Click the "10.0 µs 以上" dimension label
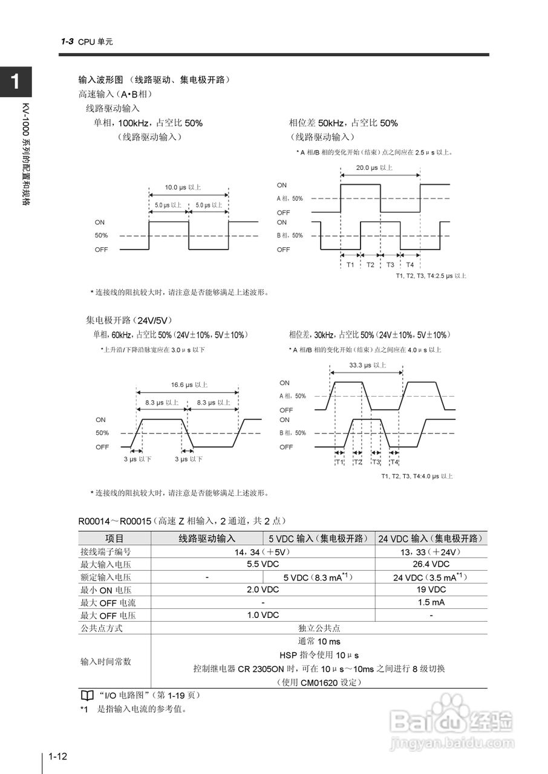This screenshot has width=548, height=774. tap(183, 187)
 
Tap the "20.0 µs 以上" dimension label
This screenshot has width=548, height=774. tap(374, 167)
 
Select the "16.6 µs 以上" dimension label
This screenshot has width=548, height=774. tap(189, 385)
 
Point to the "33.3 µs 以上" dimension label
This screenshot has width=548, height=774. tap(368, 365)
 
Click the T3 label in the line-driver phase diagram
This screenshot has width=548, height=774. tap(390, 265)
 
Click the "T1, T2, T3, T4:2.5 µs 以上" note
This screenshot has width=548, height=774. tap(431, 276)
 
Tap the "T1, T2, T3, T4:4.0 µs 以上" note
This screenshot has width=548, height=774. tap(417, 476)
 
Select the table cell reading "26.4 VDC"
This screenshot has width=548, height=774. tap(431, 564)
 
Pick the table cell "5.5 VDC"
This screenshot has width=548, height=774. tap(263, 564)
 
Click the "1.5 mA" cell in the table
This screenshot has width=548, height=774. tap(431, 602)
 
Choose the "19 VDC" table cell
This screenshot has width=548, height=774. tap(431, 590)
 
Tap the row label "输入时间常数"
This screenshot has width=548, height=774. tap(106, 662)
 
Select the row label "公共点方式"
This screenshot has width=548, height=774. tap(102, 628)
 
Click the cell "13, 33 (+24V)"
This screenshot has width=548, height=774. tap(431, 552)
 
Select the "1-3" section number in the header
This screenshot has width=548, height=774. tap(67, 42)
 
